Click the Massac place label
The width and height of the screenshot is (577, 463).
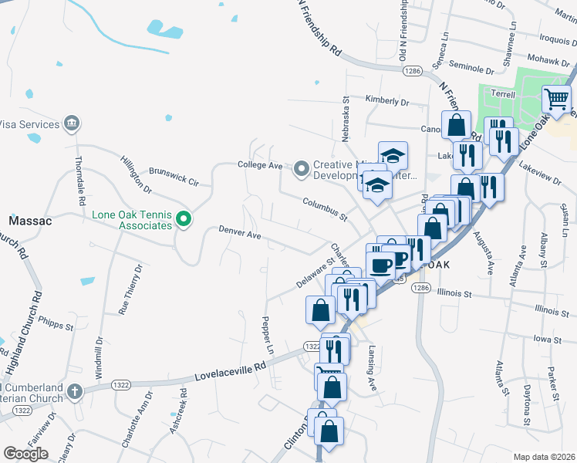click(30, 221)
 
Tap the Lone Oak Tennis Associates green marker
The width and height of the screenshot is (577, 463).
click(183, 221)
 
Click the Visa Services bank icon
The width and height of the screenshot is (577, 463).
click(72, 124)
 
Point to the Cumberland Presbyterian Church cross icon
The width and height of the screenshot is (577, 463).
click(74, 392)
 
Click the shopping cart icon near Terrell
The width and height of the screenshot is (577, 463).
click(557, 100)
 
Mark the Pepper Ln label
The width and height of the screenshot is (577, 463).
click(268, 335)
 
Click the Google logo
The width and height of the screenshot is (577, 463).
click(25, 454)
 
